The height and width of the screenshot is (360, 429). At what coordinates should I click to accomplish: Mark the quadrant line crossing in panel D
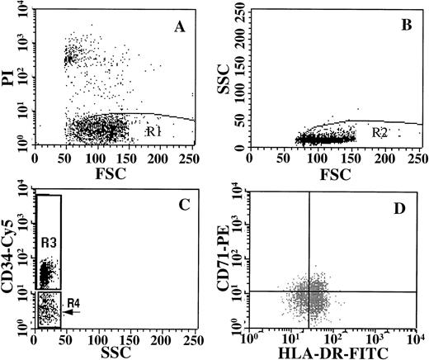pyautogui.click(x=309, y=290)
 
